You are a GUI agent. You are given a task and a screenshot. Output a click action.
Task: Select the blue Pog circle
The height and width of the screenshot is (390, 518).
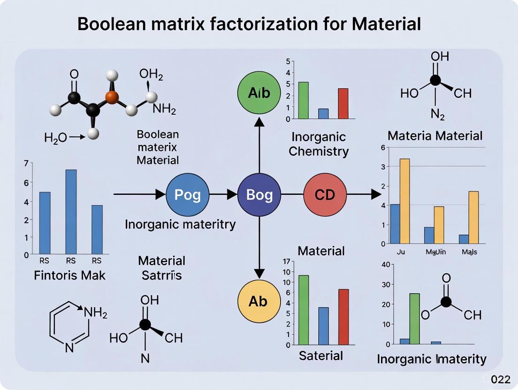(188, 194)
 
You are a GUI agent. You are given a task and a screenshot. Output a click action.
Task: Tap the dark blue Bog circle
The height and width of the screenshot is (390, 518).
(259, 194)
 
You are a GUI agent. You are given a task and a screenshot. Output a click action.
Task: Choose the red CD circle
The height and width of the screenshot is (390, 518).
(325, 194)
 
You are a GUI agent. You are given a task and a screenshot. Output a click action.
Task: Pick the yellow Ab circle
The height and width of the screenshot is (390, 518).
(259, 301)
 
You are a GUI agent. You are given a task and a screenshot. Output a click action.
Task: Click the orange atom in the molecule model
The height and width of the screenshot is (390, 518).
(112, 97)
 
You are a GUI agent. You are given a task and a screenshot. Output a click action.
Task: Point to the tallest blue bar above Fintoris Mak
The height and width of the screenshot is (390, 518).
(71, 211)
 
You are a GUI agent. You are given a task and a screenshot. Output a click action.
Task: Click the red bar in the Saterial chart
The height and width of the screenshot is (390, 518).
(343, 316)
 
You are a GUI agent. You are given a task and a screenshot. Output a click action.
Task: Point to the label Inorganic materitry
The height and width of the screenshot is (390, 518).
(180, 225)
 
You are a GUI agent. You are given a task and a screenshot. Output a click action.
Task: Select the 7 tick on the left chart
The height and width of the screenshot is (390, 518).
(26, 164)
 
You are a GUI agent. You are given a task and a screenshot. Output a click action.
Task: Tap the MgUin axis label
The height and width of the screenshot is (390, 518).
(435, 252)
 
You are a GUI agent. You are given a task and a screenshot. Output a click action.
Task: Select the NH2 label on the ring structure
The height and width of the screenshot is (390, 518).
(96, 312)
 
